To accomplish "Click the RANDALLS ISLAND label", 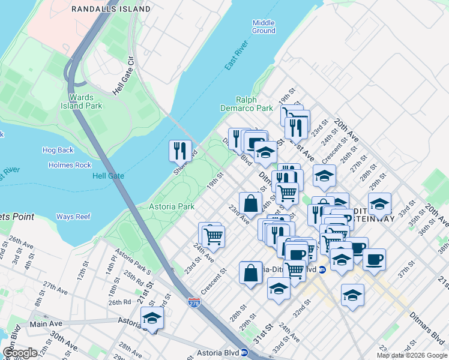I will click(111, 9).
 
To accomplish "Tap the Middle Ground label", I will click(264, 26).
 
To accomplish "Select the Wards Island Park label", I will click(85, 101).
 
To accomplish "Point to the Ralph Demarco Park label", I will click(255, 104).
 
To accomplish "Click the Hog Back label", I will click(58, 150).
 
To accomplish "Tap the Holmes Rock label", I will click(70, 165).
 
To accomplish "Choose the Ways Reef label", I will click(73, 217).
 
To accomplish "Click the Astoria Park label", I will click(172, 206).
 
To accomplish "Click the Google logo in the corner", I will click(19, 353).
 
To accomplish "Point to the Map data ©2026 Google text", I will click(412, 355).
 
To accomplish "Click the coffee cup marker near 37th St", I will click(374, 260).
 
